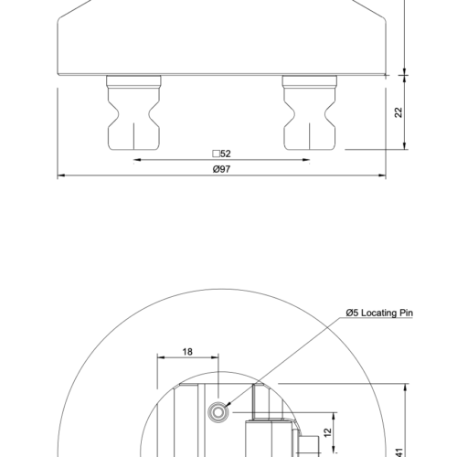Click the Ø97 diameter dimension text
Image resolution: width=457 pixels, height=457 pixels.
tap(220, 169)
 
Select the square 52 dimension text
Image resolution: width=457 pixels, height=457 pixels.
tap(220, 154)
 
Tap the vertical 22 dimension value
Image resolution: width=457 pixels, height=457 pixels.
tap(399, 112)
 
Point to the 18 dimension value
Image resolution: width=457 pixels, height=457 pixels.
tap(187, 350)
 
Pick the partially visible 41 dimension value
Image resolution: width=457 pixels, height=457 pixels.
tap(399, 448)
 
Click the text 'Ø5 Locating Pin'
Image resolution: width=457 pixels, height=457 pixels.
tap(380, 313)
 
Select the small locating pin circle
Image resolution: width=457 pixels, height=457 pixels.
tap(219, 412)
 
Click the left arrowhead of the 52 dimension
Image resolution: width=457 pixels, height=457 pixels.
tap(136, 161)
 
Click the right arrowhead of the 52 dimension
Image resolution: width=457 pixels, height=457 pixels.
tap(305, 161)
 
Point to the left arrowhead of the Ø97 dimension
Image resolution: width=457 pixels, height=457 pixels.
tap(61, 175)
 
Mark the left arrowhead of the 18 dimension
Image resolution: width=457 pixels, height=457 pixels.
tap(160, 358)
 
